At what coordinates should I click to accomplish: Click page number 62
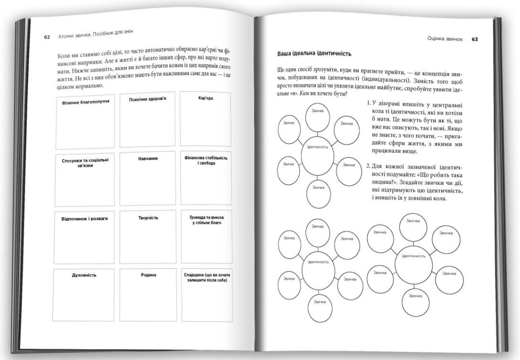click(x=47, y=37)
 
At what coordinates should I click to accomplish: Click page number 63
click(x=475, y=39)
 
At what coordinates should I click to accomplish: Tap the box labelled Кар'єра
click(x=206, y=119)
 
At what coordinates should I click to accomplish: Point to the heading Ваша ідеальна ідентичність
click(x=314, y=53)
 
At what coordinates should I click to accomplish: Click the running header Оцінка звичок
click(x=445, y=39)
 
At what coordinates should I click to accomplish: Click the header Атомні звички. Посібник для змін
click(x=95, y=34)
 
